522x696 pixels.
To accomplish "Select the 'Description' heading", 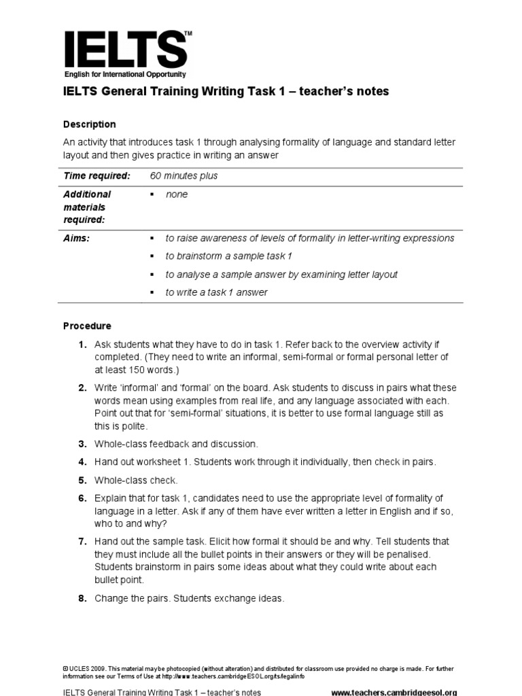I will point(89,124).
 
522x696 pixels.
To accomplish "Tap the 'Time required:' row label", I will point(97,176).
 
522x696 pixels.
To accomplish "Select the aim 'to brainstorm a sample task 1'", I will point(228,256).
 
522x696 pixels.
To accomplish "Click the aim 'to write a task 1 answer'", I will point(216,292).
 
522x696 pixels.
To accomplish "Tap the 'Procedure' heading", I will point(87,326).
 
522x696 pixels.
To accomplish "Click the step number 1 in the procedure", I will point(82,345).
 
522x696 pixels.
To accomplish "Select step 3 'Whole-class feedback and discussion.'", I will point(176,444).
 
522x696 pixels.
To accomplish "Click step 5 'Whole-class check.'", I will point(133,480).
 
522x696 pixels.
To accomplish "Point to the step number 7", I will point(82,542).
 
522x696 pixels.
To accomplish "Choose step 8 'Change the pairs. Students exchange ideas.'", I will point(189,599).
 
